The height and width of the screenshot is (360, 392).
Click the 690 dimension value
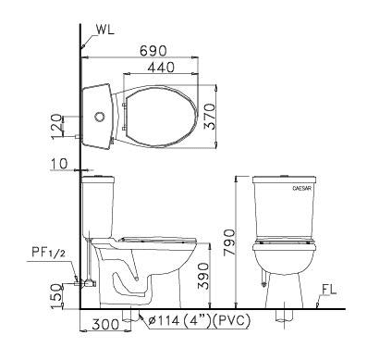point(153,51)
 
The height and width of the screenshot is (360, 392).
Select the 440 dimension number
point(161,68)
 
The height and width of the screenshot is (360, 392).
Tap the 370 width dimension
point(210,117)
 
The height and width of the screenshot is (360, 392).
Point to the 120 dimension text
point(55,127)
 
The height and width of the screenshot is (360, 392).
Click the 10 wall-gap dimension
point(59,164)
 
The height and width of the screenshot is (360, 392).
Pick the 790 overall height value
point(229,242)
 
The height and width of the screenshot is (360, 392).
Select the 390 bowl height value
point(203,276)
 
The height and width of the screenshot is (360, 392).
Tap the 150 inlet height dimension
point(55,296)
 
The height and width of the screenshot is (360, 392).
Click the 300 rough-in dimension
point(105,324)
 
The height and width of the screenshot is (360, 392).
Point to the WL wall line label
point(104,30)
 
